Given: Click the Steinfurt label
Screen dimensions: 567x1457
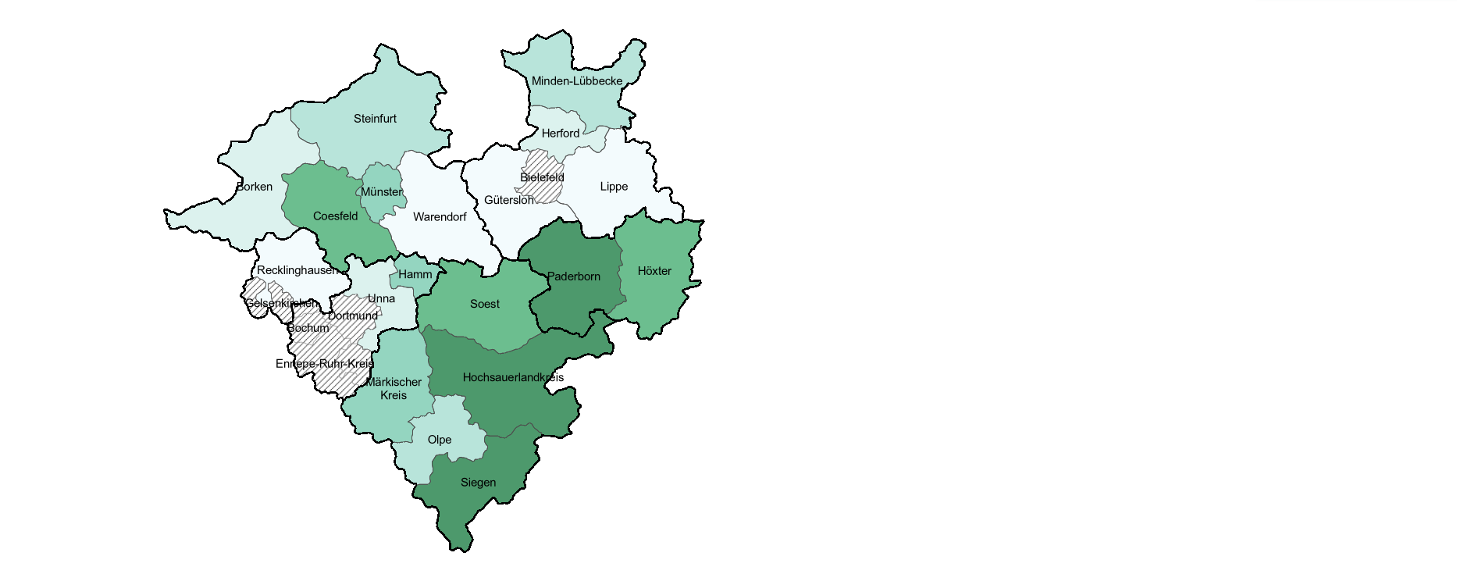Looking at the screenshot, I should [x=375, y=119].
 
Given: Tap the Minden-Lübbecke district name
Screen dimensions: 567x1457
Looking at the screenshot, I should [x=577, y=81].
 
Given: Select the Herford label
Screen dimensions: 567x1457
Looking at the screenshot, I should [x=561, y=134].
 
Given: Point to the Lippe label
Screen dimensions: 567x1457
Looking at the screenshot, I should [x=614, y=187].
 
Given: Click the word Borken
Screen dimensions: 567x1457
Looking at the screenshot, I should [x=255, y=187].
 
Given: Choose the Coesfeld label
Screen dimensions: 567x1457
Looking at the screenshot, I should [x=336, y=216].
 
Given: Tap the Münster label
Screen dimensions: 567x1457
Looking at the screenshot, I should [x=382, y=192].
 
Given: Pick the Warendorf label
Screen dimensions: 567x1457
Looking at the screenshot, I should [x=440, y=217].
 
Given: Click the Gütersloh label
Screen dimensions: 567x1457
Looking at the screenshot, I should [x=509, y=200].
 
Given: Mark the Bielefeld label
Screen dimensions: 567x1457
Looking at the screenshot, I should [x=542, y=177].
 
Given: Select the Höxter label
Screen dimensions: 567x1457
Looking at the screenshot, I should [x=654, y=271].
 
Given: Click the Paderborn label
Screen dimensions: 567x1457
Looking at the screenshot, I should [x=574, y=276].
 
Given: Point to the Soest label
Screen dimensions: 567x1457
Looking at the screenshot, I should [x=485, y=304].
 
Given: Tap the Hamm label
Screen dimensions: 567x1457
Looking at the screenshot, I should [x=415, y=275].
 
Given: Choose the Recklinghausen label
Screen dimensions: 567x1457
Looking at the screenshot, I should [x=297, y=270].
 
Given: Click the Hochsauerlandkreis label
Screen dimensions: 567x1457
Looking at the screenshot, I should [x=513, y=377].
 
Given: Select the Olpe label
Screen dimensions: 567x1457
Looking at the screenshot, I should [x=440, y=440].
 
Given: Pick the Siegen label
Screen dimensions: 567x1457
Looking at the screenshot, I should [x=478, y=483].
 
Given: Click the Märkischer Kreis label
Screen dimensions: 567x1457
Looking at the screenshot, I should [x=394, y=389].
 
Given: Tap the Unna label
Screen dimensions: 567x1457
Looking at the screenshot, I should [x=381, y=298].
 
